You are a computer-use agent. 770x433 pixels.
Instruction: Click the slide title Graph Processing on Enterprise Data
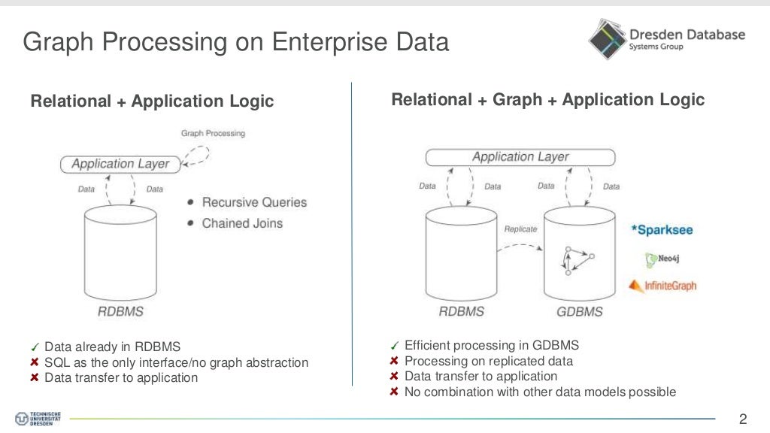pos(235,41)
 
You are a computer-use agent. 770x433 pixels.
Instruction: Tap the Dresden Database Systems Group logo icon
pos(606,39)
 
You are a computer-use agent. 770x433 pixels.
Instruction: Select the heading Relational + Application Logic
pos(152,101)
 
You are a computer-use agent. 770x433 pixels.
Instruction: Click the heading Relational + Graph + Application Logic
pos(547,99)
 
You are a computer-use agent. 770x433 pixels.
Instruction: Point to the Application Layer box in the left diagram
pos(120,163)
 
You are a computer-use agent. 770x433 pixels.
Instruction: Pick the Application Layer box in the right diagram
pos(520,157)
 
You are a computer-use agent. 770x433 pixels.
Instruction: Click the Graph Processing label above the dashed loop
pos(213,133)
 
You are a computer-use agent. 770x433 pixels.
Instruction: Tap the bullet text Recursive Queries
pos(254,202)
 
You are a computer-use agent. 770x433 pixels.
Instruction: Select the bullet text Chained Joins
pos(242,223)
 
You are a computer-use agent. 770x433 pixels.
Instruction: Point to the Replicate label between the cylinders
pos(520,229)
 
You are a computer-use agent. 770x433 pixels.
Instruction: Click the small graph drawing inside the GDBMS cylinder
pos(578,259)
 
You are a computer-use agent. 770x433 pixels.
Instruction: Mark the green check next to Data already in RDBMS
pos(35,347)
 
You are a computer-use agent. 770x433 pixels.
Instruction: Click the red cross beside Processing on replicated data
pos(394,362)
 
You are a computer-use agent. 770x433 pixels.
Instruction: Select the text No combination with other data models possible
pos(540,392)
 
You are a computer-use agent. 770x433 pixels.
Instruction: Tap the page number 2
pos(743,419)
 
